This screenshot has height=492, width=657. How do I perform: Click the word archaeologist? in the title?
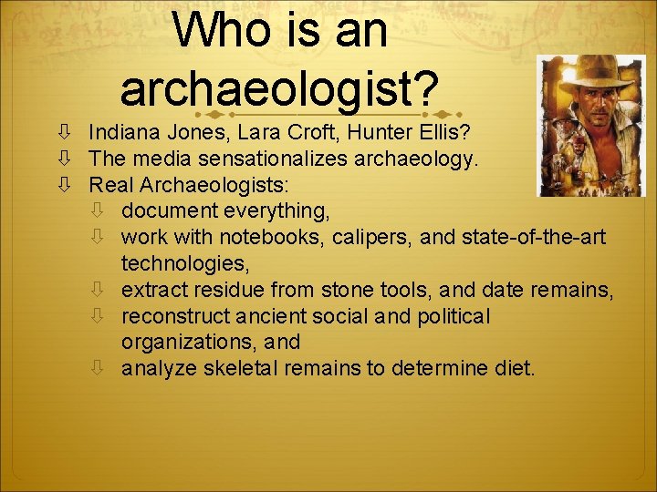point(279,88)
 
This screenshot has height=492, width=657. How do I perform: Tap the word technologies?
point(187,263)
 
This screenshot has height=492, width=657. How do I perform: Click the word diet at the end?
point(517,368)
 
